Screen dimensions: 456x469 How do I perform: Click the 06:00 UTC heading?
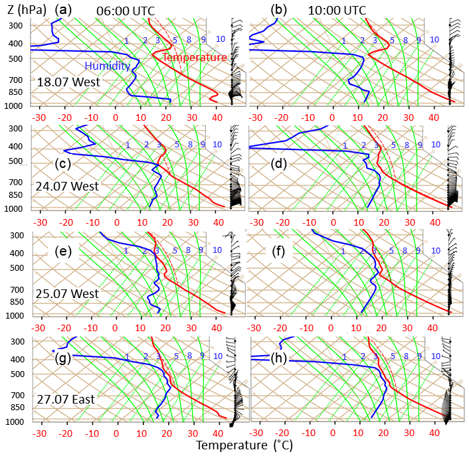point(120,10)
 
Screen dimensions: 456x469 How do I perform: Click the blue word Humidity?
point(107,66)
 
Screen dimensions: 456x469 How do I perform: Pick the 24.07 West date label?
point(68,187)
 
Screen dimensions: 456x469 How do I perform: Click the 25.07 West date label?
point(68,293)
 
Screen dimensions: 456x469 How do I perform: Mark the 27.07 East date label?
point(67,400)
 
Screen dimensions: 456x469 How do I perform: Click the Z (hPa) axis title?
point(23,9)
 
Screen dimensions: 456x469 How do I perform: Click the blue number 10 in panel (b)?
point(434,40)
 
